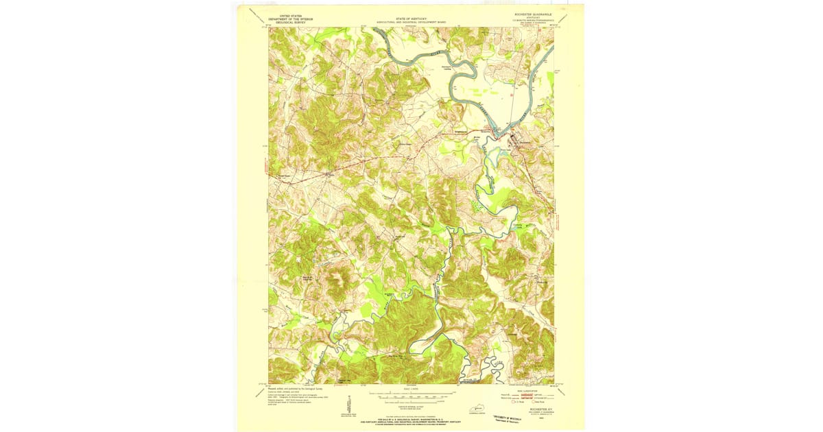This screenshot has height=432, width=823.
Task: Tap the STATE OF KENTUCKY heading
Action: click(x=410, y=19)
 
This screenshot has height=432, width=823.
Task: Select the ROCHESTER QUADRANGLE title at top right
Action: click(x=532, y=14)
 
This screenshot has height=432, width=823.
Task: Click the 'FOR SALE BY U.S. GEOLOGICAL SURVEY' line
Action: click(x=411, y=418)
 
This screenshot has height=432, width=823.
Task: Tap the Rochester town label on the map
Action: click(x=526, y=142)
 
